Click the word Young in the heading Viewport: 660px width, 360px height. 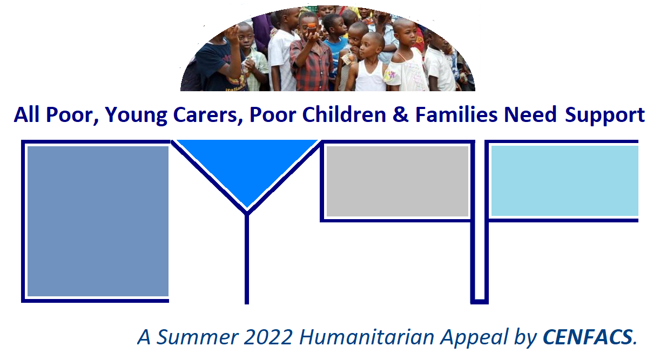pyautogui.click(x=136, y=115)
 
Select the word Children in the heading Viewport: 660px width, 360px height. pyautogui.click(x=344, y=114)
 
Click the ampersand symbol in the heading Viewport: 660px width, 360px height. pyautogui.click(x=400, y=114)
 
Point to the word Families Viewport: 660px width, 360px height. pyautogui.click(x=456, y=114)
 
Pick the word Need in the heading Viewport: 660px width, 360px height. pyautogui.click(x=530, y=114)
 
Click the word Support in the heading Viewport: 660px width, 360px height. pyautogui.click(x=604, y=115)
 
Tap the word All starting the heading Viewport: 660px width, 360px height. pyautogui.click(x=26, y=114)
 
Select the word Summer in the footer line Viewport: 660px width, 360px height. pyautogui.click(x=197, y=337)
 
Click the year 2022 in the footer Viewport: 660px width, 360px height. pyautogui.click(x=268, y=337)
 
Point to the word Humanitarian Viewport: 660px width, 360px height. pyautogui.click(x=367, y=337)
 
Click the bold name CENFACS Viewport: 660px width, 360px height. pyautogui.click(x=588, y=337)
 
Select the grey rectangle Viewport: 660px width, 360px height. pyautogui.click(x=398, y=181)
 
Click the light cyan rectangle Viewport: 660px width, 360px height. pyautogui.click(x=565, y=181)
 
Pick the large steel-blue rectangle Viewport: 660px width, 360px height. pyautogui.click(x=98, y=221)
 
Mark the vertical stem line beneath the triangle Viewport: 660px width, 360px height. pyautogui.click(x=247, y=259)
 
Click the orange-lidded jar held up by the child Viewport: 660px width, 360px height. pyautogui.click(x=312, y=29)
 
